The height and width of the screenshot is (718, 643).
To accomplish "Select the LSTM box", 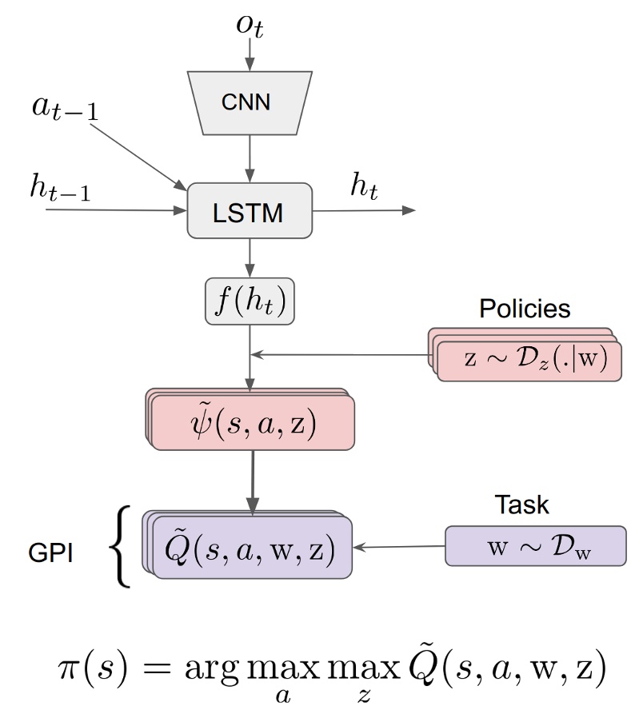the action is pos(250,212).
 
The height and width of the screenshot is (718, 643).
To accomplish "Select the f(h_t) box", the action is pos(250,302).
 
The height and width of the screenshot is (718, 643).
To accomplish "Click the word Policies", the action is pos(525,309).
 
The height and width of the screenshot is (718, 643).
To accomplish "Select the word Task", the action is pos(522,505).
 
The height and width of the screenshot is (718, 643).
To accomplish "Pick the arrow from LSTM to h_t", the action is pos(364,211).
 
